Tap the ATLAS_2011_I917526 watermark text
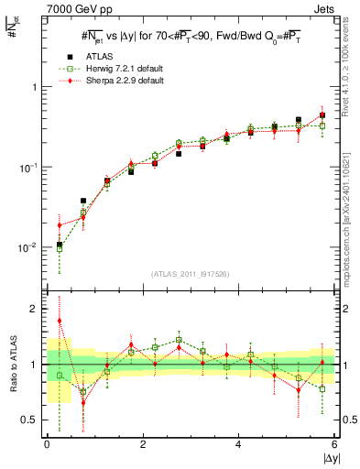click(x=191, y=274)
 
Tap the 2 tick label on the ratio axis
click(x=35, y=310)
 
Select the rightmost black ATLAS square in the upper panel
click(x=322, y=115)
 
